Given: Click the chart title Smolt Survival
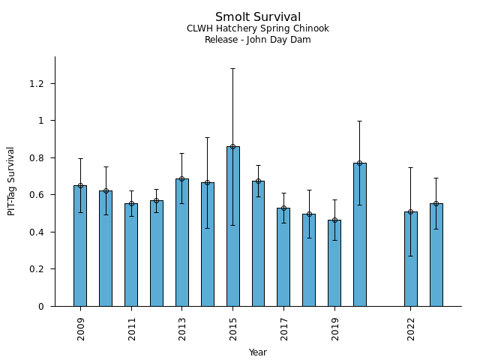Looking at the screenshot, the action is coord(258,16).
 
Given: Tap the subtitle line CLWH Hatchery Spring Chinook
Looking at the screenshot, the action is coord(258,28).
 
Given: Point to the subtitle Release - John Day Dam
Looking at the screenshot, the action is coord(258,40).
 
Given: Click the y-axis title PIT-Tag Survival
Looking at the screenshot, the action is coord(11,181).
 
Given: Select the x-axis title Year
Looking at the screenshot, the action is coord(258,352).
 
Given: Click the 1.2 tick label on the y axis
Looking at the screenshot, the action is coord(37,83).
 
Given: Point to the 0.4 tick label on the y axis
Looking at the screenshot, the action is coord(37,232).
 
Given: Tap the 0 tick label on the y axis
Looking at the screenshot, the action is coord(41,307).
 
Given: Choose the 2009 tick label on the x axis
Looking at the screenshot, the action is coord(80,329).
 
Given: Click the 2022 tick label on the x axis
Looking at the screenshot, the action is coord(411,329).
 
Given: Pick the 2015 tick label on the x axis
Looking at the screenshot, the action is coord(233,329).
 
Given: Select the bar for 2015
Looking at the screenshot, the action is coord(233,226).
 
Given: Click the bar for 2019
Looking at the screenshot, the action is coord(334,263).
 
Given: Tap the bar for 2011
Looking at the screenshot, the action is coord(131,255).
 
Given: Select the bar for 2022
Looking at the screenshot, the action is coord(411,259).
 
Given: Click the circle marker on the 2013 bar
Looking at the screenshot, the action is coord(181,178).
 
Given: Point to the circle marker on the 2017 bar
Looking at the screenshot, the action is coord(283,208).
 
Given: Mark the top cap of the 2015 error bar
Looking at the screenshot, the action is coord(233,68).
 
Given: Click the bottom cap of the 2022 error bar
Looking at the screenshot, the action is coord(411,256).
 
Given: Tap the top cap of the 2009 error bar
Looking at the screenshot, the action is coord(80,158).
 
